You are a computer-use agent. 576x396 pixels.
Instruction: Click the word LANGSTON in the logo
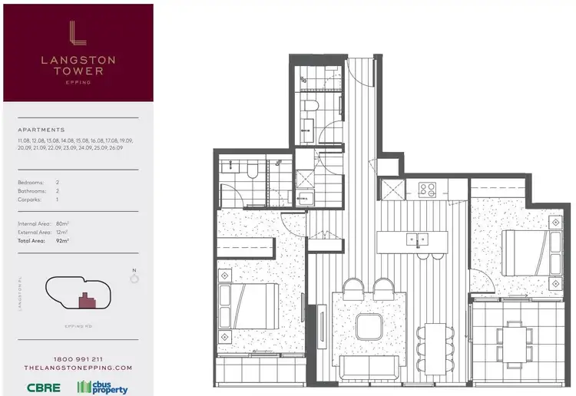coord(78,58)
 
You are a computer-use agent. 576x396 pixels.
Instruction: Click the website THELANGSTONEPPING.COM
coord(78,368)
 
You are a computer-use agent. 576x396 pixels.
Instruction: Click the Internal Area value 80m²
coord(62,223)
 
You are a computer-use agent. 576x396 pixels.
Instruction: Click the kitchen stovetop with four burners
coord(428,187)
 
